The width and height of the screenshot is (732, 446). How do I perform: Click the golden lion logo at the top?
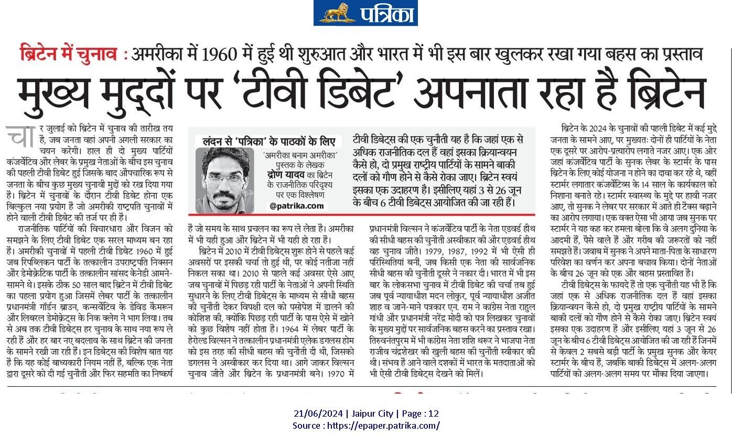tap(336, 13)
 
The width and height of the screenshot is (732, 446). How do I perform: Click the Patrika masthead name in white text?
tap(386, 13)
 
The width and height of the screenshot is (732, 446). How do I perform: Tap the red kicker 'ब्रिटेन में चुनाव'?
tap(69, 55)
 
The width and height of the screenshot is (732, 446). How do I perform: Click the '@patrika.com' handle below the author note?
tap(297, 206)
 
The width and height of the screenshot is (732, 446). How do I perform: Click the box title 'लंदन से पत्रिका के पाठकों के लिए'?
tap(268, 142)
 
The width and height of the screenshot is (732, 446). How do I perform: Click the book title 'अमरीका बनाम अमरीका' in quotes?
tap(296, 155)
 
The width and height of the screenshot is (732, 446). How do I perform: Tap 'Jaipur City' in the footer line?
tap(371, 414)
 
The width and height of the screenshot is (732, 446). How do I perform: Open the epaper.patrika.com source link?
tap(383, 426)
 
